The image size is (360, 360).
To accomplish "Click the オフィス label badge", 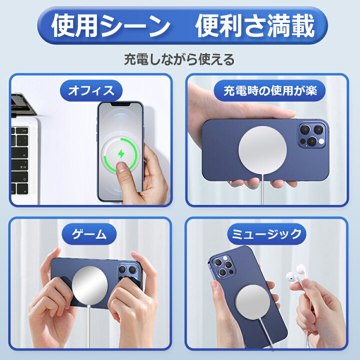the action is coord(91,90).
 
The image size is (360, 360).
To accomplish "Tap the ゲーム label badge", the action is coord(89,234).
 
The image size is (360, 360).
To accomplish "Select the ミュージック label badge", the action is coord(266,234).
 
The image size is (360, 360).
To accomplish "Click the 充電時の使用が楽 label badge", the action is coord(270,90).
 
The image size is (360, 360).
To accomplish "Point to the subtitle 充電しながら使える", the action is coord(179,59).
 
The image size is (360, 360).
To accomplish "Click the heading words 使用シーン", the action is coord(111,25).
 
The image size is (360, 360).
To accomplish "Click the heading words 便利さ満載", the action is coord(255,25).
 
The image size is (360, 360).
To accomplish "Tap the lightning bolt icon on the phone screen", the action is coord(121,153).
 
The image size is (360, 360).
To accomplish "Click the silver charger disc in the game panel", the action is coord(90,285).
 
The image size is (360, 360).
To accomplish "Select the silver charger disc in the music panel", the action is coord(252,302).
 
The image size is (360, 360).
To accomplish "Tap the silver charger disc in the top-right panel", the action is coord(262,149).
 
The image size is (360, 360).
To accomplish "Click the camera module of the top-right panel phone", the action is coord(312,135).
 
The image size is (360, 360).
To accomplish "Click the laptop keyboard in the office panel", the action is coord(20,160).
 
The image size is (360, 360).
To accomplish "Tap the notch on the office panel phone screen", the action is coord(120,104).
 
